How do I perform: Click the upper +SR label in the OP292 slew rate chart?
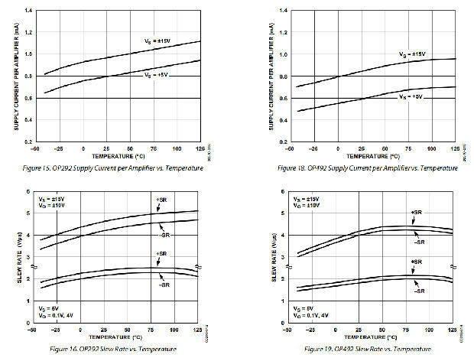tap(161, 201)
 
